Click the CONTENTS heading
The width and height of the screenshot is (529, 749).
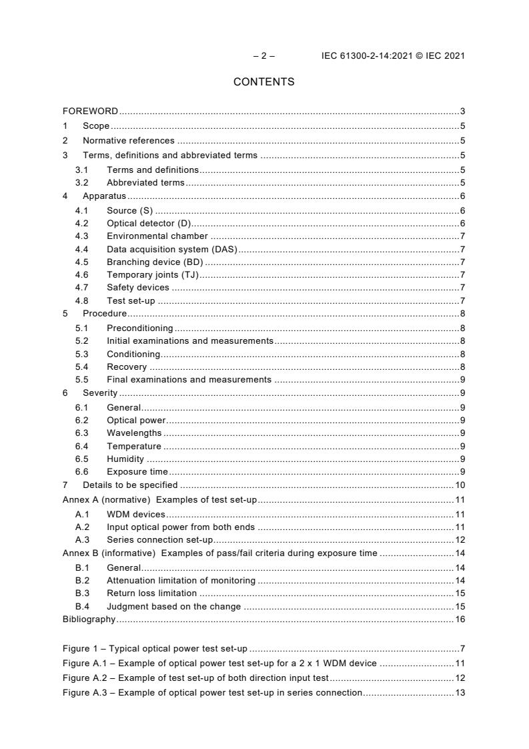click(263, 82)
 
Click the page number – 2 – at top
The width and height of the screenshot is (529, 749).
click(263, 55)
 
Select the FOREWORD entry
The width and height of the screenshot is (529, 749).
click(90, 111)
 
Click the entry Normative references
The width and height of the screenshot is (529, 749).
click(128, 141)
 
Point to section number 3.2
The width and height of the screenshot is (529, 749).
click(81, 183)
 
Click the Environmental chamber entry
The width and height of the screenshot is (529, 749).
click(157, 236)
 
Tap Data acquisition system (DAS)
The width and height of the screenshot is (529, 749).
click(172, 250)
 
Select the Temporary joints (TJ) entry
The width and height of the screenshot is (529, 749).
click(153, 274)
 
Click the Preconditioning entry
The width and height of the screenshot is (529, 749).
click(139, 328)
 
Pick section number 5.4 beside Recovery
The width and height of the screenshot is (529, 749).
click(81, 367)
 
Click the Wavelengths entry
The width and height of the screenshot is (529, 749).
click(134, 433)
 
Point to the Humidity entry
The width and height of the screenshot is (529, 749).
click(125, 459)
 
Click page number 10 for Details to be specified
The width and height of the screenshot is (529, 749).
click(460, 485)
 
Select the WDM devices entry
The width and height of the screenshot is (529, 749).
click(136, 515)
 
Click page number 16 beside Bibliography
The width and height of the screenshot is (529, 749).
click(460, 619)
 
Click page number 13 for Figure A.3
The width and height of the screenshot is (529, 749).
click(460, 692)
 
